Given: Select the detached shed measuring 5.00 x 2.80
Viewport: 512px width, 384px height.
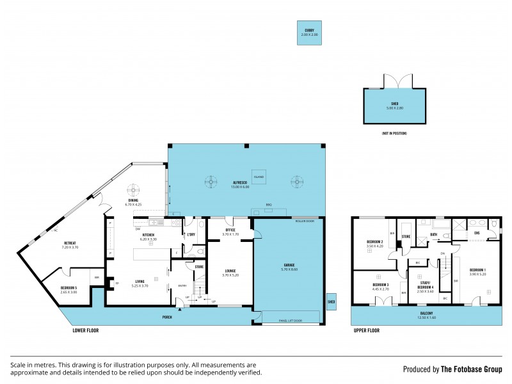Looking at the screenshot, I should pyautogui.click(x=394, y=106).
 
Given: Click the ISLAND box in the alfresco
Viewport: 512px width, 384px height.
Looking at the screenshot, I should pyautogui.click(x=259, y=177).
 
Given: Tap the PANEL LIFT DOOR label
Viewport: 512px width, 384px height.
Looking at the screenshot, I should pyautogui.click(x=289, y=321).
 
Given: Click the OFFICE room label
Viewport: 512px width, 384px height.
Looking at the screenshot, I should pyautogui.click(x=230, y=230).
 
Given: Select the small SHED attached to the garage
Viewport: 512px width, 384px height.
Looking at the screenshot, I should pyautogui.click(x=331, y=301).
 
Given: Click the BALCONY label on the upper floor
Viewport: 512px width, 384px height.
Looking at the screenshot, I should pyautogui.click(x=426, y=314).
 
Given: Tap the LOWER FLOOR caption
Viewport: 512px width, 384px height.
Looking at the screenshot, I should pyautogui.click(x=86, y=331).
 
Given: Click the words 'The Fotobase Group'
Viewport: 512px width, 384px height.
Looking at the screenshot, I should pyautogui.click(x=473, y=369).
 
